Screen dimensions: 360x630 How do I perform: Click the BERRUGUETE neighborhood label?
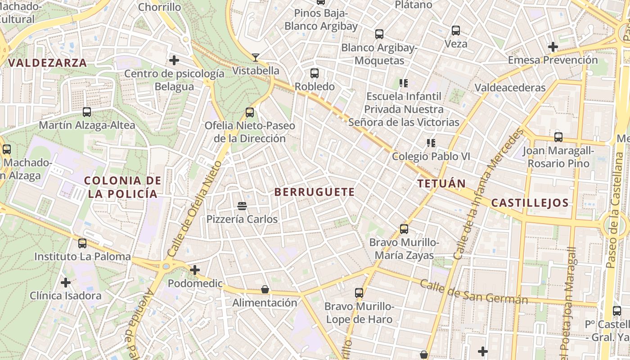tap(315, 192)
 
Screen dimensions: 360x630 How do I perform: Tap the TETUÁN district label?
tap(441, 184)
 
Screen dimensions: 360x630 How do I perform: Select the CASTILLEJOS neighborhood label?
tap(530, 203)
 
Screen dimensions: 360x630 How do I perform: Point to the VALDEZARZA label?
tap(48, 63)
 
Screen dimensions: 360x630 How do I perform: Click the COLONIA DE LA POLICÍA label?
tap(123, 187)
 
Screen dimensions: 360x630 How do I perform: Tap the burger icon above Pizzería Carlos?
tap(242, 206)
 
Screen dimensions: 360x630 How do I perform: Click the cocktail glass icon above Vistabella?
tap(256, 57)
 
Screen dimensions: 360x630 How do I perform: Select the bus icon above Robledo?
tap(315, 73)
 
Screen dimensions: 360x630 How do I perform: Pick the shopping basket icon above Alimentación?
tap(265, 289)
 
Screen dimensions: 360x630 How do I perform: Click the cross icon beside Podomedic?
tap(195, 270)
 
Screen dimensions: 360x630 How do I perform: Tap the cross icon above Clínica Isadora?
tap(66, 283)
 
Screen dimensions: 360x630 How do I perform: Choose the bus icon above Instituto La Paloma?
tap(82, 243)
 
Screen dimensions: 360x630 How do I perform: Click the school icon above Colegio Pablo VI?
tap(431, 143)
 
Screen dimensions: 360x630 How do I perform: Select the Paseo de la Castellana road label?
tap(615, 209)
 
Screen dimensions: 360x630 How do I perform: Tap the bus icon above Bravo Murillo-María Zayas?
tap(404, 229)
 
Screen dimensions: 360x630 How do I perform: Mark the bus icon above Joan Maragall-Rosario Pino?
tap(558, 137)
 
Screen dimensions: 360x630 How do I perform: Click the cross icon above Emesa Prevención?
tap(553, 46)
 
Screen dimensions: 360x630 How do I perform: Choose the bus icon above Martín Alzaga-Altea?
tap(87, 112)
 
